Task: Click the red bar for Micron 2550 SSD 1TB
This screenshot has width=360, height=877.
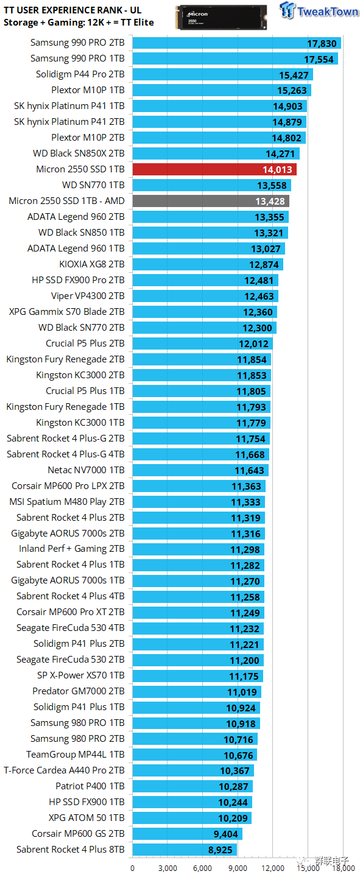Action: (x=213, y=169)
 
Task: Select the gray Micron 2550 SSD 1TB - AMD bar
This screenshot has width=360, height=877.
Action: (x=210, y=201)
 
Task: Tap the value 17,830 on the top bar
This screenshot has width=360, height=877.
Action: (x=321, y=43)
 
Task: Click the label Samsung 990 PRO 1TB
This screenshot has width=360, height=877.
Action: (x=77, y=58)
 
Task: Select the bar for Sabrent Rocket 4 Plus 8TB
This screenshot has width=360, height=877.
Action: (x=184, y=849)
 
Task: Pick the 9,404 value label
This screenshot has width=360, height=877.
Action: (x=225, y=834)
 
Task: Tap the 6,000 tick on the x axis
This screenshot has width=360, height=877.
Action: (x=203, y=868)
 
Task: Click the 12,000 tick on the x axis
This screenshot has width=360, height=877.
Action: (x=273, y=868)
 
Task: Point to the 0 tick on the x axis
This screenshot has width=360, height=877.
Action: (x=133, y=868)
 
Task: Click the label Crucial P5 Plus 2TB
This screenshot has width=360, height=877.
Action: (x=85, y=343)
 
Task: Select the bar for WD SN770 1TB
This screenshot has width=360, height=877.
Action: (x=211, y=185)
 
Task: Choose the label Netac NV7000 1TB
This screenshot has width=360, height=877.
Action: (x=86, y=470)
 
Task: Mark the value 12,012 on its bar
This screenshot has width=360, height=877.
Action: (x=253, y=344)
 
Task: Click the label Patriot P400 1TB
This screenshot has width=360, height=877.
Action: (x=90, y=786)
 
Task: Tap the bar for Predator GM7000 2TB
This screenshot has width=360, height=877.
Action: (x=196, y=691)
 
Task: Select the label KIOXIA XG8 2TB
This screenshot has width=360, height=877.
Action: (x=91, y=264)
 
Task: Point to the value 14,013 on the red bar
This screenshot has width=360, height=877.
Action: (x=277, y=170)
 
